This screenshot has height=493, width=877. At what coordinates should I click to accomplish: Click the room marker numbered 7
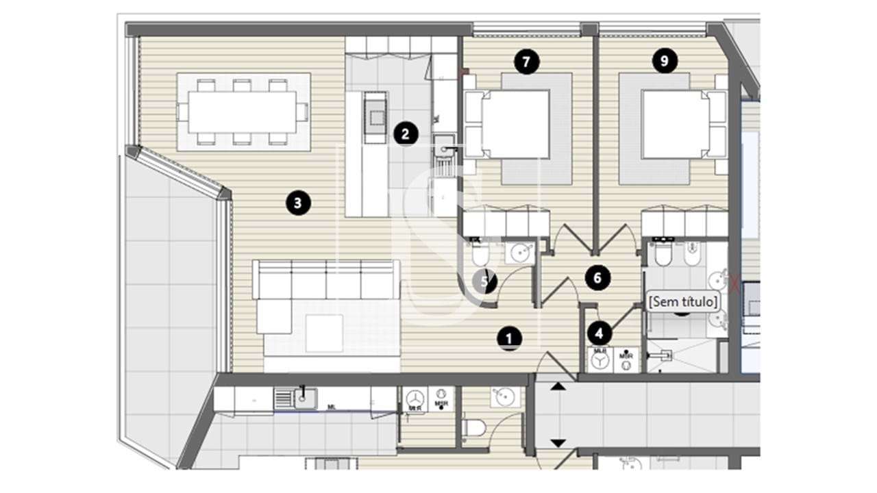pos(526,62)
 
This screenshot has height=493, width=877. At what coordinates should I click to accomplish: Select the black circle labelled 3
pos(297,202)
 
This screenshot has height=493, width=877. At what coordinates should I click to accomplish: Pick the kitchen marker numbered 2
pos(406,134)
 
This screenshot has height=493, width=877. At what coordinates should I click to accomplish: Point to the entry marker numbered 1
pos(508,338)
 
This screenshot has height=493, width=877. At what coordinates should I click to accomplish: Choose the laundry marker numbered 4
pos(600,334)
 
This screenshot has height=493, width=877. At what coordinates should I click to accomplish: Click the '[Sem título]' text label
pos(683,301)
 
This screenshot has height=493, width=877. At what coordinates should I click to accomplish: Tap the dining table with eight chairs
pos(243,112)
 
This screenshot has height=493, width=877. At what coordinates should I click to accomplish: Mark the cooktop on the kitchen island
pos(375,117)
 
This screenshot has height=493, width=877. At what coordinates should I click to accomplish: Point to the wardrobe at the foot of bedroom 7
pos(506,223)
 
